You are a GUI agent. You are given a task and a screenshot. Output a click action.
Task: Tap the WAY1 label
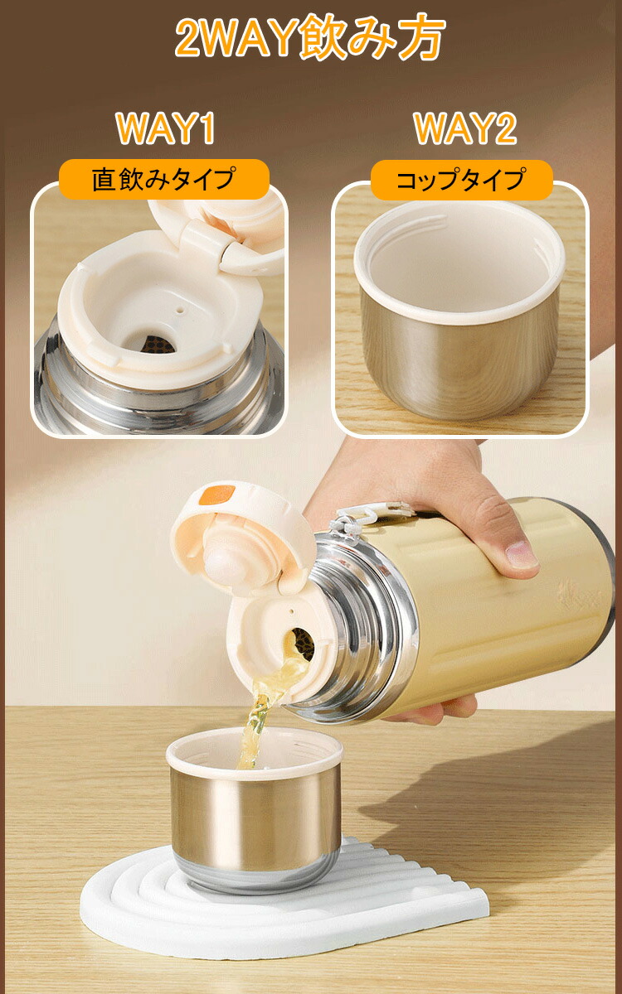(165, 128)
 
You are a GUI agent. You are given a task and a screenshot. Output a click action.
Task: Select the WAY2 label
(465, 128)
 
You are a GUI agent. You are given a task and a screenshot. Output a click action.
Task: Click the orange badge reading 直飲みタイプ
(164, 179)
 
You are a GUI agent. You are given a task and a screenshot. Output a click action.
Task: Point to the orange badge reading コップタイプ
(461, 180)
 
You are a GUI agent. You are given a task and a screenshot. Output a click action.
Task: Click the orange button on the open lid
(217, 495)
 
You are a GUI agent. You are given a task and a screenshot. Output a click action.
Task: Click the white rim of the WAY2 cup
(458, 311)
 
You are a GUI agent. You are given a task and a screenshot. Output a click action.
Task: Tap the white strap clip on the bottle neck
(351, 524)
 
